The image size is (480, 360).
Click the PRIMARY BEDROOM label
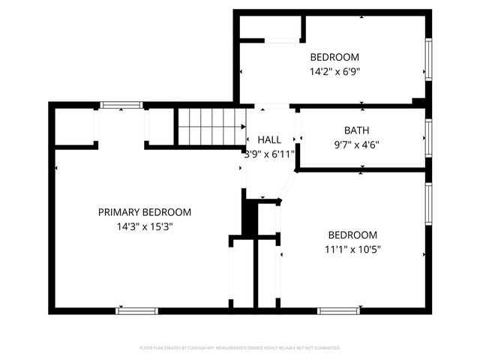click(145, 212)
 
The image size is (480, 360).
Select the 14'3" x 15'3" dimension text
click(145, 225)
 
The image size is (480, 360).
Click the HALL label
click(269, 140)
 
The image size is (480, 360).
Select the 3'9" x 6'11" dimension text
click(269, 153)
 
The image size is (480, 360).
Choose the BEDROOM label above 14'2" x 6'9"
click(334, 57)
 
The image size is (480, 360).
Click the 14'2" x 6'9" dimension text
click(334, 72)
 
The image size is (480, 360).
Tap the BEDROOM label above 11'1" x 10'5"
click(352, 235)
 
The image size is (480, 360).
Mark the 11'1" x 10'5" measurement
click(352, 249)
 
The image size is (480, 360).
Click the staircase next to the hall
click(211, 125)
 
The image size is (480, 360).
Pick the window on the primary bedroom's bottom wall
click(136, 310)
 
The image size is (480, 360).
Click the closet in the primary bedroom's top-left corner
click(74, 126)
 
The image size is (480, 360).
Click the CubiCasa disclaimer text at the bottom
click(240, 348)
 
